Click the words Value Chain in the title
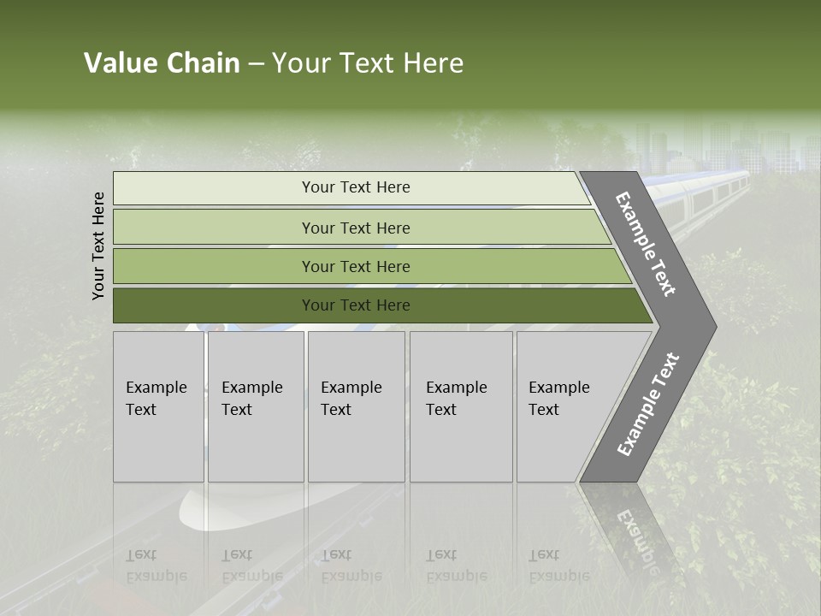coord(162,63)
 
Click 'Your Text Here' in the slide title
coord(368,63)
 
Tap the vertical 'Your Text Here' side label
coord(99,246)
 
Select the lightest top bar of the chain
coord(355,187)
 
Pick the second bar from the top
coord(355,228)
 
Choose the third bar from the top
coord(355,266)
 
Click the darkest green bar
coord(355,305)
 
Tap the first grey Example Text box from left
coord(158,406)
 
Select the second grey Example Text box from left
coord(255,406)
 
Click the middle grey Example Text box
coord(356,406)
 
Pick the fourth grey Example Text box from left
coord(460,406)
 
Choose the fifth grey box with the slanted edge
coord(564,406)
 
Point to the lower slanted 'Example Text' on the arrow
coord(647,405)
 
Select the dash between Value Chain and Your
coord(256,64)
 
